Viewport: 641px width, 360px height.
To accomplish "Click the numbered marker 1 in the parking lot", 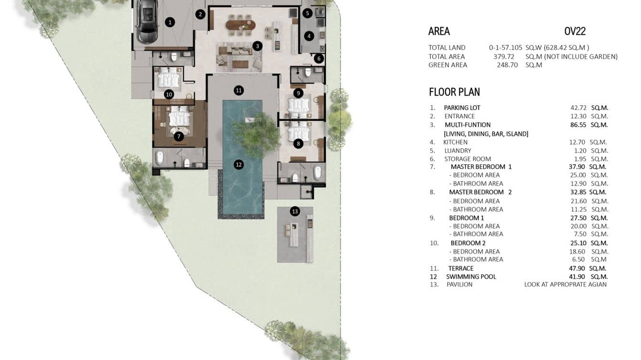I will [169, 22].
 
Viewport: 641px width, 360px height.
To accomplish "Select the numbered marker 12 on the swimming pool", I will [239, 165].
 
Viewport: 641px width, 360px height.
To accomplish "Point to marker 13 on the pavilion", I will [295, 211].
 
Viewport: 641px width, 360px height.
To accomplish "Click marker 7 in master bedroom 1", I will [179, 137].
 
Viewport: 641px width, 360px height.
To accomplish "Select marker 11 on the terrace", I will [239, 90].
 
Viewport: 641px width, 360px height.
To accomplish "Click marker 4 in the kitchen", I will [309, 36].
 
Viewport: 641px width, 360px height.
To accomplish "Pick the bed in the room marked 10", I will [168, 77].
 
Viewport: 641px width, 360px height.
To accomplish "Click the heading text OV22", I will [575, 32].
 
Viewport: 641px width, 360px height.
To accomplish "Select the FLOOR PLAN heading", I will [454, 92].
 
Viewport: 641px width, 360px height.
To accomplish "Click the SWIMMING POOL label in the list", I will [471, 277].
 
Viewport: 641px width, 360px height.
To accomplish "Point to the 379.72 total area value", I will [505, 57].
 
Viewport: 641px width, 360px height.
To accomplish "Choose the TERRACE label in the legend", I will [461, 268].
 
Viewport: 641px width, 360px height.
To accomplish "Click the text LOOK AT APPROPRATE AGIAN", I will [565, 285].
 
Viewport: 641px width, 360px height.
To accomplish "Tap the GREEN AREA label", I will [448, 65].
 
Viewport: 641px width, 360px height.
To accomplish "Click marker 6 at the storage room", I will [319, 59].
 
